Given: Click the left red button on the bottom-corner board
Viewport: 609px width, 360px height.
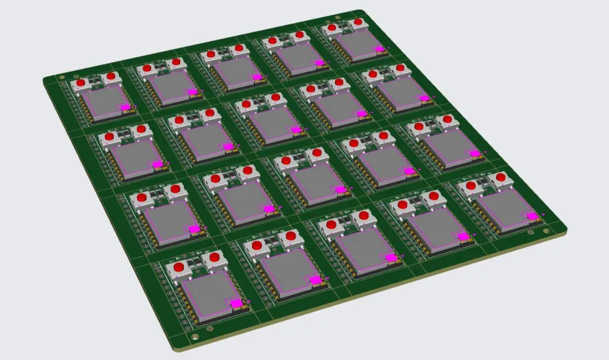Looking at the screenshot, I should point(179,267).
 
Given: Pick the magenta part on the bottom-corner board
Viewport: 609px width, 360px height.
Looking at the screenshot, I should point(236,303).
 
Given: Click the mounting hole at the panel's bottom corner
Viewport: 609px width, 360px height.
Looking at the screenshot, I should point(194,337).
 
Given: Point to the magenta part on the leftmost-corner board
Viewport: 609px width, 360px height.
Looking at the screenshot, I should point(125,107).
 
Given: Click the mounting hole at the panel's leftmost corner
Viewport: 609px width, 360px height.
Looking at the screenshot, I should point(61,77).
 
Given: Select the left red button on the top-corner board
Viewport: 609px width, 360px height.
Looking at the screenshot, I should point(332,27).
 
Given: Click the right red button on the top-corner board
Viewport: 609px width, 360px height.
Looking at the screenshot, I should point(358,23).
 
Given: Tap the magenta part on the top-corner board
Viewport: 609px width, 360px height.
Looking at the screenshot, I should point(379,49).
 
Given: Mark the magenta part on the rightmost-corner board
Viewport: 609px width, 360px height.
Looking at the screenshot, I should point(532,216).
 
